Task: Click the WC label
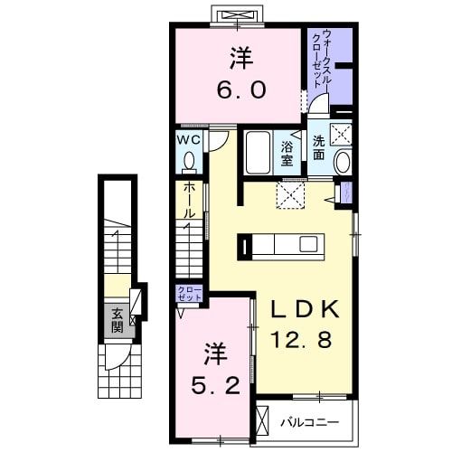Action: pyautogui.click(x=188, y=140)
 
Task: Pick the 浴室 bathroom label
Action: pyautogui.click(x=287, y=154)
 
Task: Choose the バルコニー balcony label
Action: pyautogui.click(x=308, y=422)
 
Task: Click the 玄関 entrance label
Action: pyautogui.click(x=118, y=321)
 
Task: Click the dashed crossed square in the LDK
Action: pyautogui.click(x=290, y=194)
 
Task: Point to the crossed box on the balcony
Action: pyautogui.click(x=261, y=422)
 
